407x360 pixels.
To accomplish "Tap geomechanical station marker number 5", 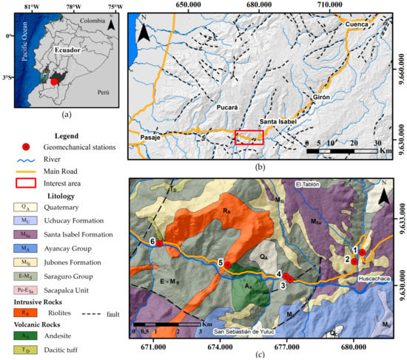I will click(228, 265).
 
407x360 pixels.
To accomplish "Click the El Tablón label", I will click(309, 184).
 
